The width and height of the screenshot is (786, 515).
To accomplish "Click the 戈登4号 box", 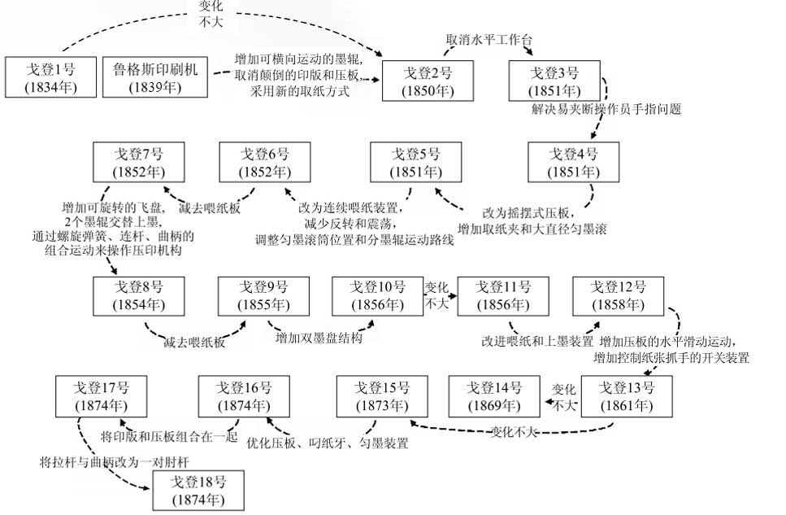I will tap(573, 163).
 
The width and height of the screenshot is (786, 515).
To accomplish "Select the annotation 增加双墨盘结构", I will tap(318, 338).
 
